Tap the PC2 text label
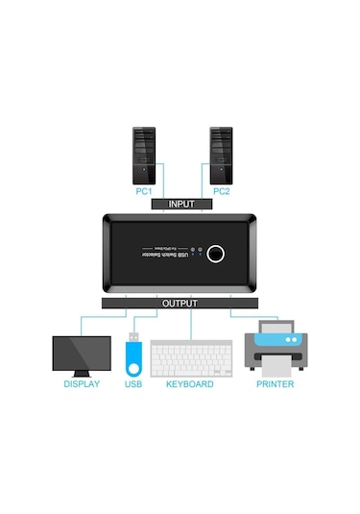coord(221,191)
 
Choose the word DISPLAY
coord(82,384)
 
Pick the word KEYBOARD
coord(190,384)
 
